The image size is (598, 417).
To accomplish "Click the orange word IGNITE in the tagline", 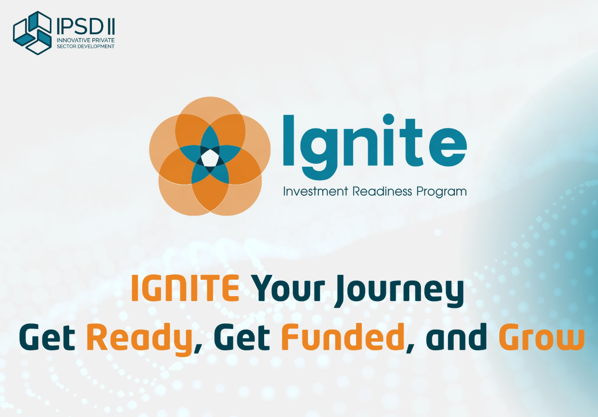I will click(x=185, y=288).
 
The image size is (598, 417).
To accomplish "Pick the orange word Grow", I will click(x=541, y=338).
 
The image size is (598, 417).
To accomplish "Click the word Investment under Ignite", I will click(x=315, y=191).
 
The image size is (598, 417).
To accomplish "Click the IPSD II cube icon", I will click(x=32, y=32).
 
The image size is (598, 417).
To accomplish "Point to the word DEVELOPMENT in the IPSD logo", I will click(x=96, y=46).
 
